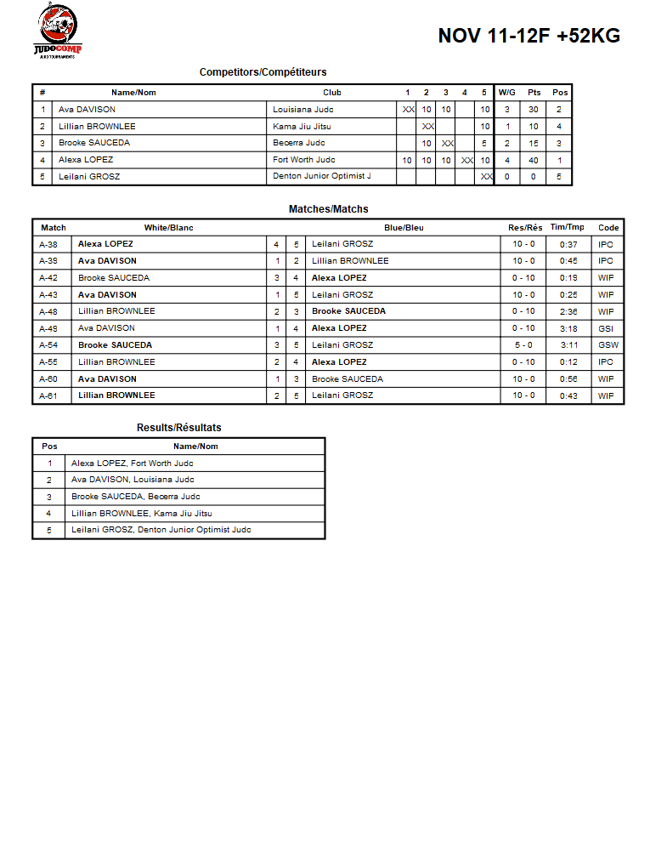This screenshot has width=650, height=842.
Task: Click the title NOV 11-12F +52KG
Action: click(x=528, y=36)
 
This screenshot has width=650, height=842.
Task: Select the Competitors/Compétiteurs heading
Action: click(x=263, y=72)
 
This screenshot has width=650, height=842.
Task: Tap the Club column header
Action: click(x=332, y=93)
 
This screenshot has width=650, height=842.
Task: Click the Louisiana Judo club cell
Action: click(x=302, y=110)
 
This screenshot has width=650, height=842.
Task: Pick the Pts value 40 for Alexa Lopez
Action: click(x=534, y=160)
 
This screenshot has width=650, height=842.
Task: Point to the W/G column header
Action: click(x=506, y=93)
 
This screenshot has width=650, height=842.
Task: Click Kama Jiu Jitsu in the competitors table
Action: click(x=302, y=127)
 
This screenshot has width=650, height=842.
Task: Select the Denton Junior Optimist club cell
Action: click(x=322, y=177)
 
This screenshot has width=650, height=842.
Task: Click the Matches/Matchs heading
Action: click(x=328, y=209)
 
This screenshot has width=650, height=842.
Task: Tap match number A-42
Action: click(x=48, y=278)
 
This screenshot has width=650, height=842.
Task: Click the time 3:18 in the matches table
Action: click(x=568, y=328)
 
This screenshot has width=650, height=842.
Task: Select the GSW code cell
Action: click(x=608, y=345)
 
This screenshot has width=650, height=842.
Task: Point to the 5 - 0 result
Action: click(x=523, y=345)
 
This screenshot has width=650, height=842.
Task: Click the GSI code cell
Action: click(x=606, y=328)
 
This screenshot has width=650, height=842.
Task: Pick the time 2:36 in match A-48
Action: click(x=568, y=311)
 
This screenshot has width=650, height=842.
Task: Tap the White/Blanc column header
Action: click(x=168, y=228)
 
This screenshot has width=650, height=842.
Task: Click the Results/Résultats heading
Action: click(x=178, y=428)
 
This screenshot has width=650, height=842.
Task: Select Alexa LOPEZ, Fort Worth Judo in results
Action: click(x=132, y=464)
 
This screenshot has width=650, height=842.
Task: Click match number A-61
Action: click(x=48, y=395)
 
